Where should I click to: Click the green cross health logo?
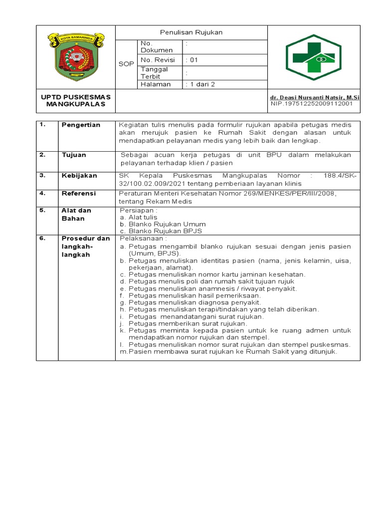[x=313, y=57]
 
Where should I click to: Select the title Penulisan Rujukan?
[x=191, y=32]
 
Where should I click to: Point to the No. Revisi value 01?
[x=192, y=60]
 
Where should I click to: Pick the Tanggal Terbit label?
[x=154, y=73]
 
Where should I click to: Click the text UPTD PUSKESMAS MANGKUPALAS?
[x=76, y=100]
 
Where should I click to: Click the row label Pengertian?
[x=81, y=125]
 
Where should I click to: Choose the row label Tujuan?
[x=74, y=155]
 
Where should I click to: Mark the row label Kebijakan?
[x=79, y=176]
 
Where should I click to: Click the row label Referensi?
[x=78, y=193]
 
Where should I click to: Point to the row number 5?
[x=42, y=211]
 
